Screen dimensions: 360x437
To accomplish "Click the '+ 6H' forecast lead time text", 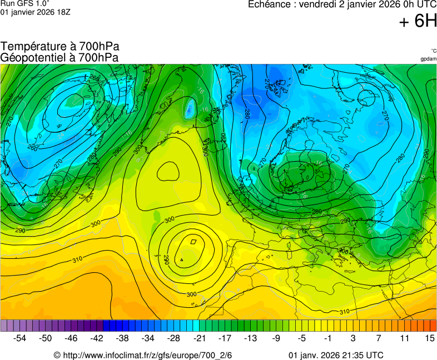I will [x=418, y=21].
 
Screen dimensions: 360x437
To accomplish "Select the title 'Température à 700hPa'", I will [x=60, y=47].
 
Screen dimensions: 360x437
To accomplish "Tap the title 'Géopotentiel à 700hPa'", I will [x=59, y=57].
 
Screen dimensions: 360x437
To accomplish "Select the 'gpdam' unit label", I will [x=428, y=59].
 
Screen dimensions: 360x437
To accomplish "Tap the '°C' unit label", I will [x=433, y=51].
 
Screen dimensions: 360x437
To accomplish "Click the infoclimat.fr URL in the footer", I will [x=147, y=355].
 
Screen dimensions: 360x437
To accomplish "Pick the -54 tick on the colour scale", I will [x=20, y=338].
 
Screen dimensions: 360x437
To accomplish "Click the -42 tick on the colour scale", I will [x=97, y=338].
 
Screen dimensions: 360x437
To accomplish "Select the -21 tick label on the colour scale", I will [x=199, y=338].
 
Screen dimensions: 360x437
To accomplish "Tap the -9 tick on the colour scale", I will [x=276, y=338].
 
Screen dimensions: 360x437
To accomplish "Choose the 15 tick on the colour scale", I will [x=429, y=338].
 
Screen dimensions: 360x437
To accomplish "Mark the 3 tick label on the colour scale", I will [x=352, y=338].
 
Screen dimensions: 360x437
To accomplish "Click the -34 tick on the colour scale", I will [x=148, y=338].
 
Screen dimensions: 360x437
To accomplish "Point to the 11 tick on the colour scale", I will [x=404, y=338].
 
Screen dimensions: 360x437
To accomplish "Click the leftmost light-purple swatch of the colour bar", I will [x=4, y=326].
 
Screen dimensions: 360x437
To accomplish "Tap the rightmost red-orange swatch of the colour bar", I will [x=433, y=326].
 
